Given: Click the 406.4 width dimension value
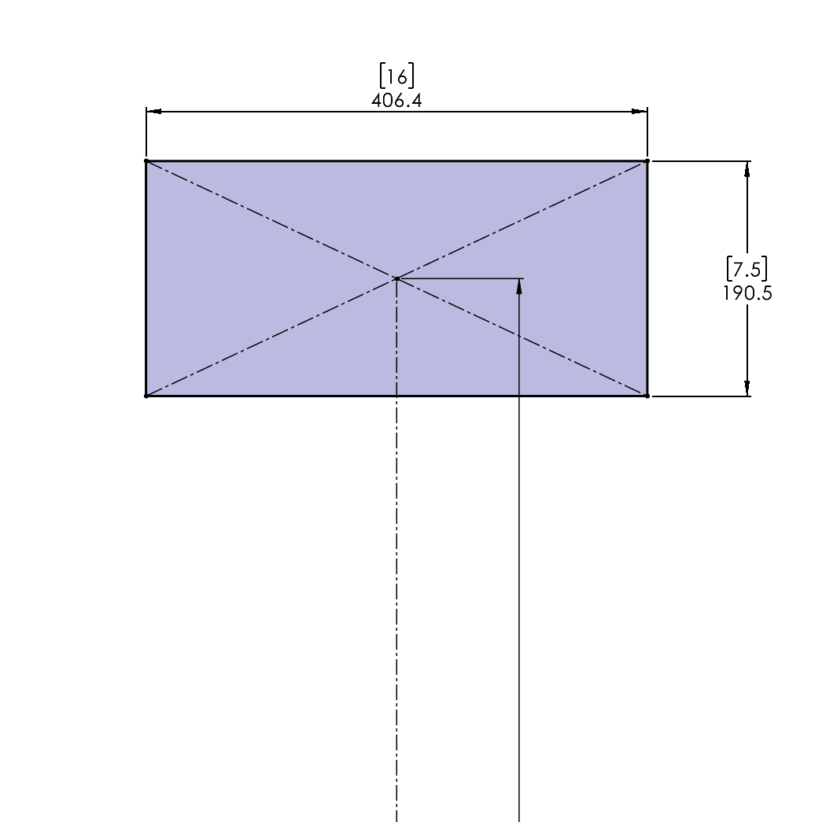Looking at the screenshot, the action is pyautogui.click(x=396, y=101).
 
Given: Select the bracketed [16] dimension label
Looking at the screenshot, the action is pyautogui.click(x=396, y=76).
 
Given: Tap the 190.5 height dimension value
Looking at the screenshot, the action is pyautogui.click(x=747, y=293).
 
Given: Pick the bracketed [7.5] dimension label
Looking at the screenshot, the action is pyautogui.click(x=747, y=268).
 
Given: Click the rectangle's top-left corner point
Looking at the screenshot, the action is pyautogui.click(x=146, y=160).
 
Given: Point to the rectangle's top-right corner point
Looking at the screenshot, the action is pyautogui.click(x=647, y=160).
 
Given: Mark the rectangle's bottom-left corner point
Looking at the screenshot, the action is pyautogui.click(x=146, y=396).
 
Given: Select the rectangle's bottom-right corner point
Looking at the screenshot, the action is pyautogui.click(x=647, y=396).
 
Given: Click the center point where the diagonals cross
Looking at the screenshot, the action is pyautogui.click(x=396, y=278).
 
